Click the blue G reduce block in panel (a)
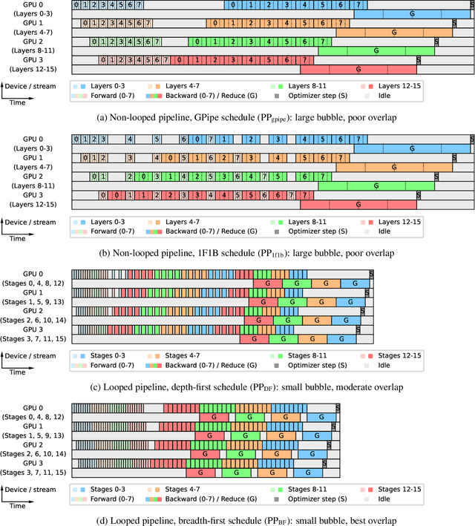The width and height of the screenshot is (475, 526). pyautogui.click(x=412, y=14)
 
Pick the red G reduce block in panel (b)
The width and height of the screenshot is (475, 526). pyautogui.click(x=357, y=203)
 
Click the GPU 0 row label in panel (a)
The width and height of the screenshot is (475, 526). pyautogui.click(x=32, y=5)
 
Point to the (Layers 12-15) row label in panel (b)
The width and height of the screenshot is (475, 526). pyautogui.click(x=32, y=203)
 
